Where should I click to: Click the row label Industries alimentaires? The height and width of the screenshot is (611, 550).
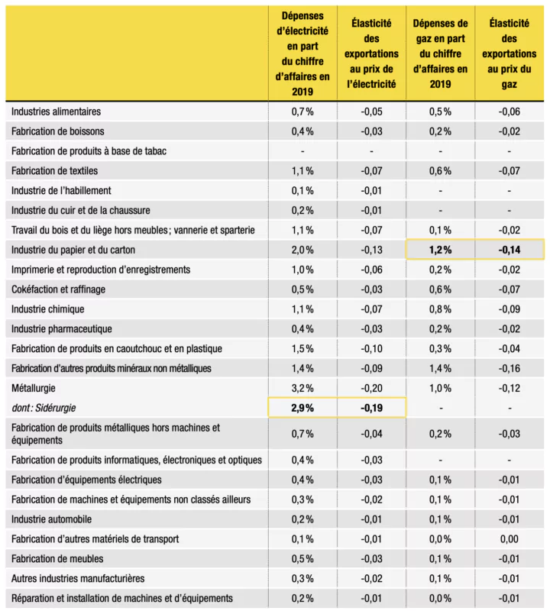56,112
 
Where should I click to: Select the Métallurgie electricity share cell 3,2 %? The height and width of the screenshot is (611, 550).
302,389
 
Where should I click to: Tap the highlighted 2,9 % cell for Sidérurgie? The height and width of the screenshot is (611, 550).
302,408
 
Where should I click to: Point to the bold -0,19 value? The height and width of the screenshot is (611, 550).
371,408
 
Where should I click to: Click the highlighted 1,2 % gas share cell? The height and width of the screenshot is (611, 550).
441,250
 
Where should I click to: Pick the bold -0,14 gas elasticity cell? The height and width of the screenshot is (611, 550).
509,250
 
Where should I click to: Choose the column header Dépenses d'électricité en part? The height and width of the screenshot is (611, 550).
302,53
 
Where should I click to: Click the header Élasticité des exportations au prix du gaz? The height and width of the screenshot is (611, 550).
509,53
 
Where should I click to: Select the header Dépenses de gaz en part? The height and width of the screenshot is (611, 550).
441,53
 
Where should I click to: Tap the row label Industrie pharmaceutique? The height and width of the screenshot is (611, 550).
62,329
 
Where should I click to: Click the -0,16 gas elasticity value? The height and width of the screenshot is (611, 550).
509,369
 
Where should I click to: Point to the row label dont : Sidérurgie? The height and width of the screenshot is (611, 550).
44,408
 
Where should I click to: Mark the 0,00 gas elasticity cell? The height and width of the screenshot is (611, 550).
509,539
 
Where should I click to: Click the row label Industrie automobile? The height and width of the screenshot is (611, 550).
51,519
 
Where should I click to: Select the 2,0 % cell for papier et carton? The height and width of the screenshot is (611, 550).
302,250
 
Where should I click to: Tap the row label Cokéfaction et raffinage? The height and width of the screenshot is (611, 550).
59,289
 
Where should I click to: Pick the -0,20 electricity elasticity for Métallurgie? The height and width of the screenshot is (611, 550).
371,389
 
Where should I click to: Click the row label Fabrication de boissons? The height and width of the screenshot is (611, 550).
58,131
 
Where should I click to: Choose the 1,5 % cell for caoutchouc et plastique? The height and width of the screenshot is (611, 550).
302,349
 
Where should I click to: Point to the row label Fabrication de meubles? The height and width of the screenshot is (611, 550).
57,559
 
